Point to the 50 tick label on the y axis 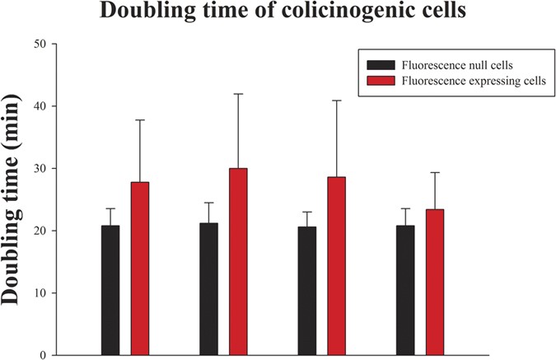coord(38,44)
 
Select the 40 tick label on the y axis coord(38,106)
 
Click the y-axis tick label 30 coord(38,169)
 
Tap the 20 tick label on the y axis coord(38,231)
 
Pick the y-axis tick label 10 coord(38,293)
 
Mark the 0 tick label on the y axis coord(41,355)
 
